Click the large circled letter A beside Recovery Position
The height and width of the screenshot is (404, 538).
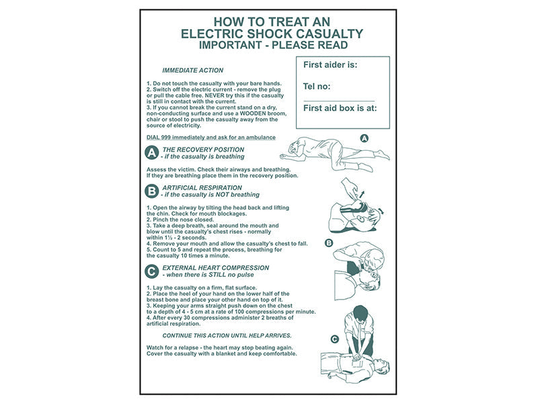pos(152,153)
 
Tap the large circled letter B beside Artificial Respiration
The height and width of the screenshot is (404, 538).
pos(152,191)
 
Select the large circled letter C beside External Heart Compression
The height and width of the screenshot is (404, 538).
pos(152,271)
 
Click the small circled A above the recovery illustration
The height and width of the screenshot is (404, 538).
pos(364,138)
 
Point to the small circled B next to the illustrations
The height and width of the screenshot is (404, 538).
pos(329,243)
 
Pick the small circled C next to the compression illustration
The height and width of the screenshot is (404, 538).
pos(334,339)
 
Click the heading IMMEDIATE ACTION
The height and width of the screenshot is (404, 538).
pos(192,71)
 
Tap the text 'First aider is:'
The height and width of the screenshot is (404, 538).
pos(330,65)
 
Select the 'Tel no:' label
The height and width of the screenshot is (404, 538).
pos(317,86)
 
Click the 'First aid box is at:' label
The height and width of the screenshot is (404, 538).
pos(340,108)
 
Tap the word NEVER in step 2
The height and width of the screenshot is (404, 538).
pos(215,96)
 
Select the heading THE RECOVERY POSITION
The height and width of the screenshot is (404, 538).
pos(203,149)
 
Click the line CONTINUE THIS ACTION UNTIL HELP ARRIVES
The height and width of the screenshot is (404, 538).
pos(227,335)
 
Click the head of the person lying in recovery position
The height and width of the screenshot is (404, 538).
pos(294,148)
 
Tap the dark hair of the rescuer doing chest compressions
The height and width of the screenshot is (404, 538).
pos(360,313)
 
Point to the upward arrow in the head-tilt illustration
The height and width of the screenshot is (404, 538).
pos(361,194)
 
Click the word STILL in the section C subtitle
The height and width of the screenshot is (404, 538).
pos(217,275)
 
